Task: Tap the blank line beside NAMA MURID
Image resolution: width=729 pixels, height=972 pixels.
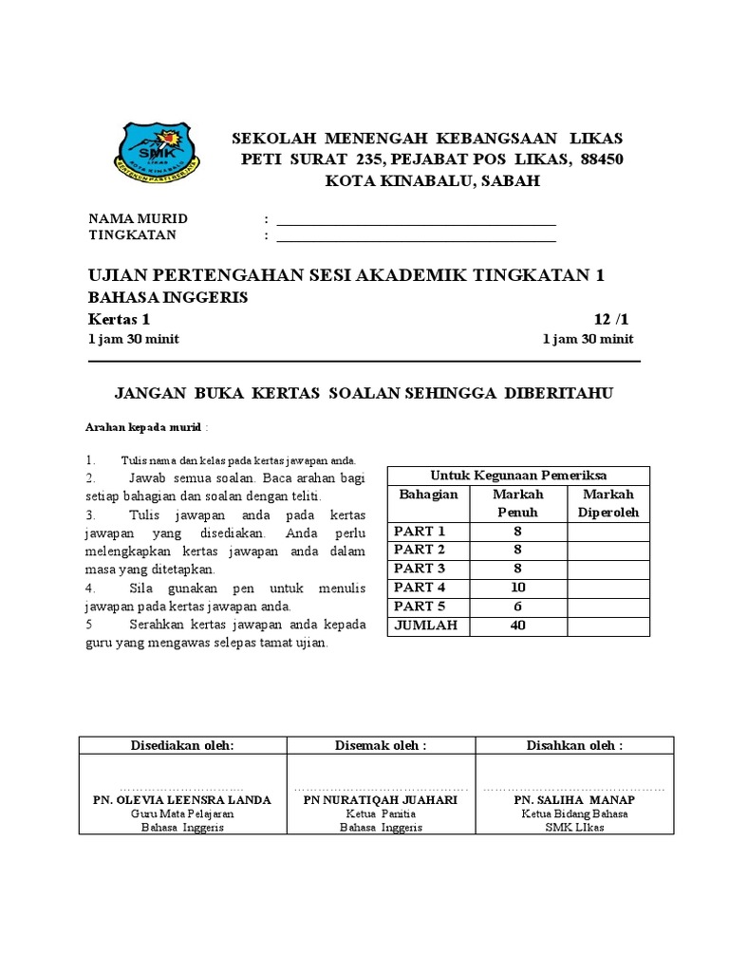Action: (415, 220)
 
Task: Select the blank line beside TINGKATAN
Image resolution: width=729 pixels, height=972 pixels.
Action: (415, 236)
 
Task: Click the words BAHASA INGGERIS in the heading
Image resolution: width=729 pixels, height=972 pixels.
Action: (168, 297)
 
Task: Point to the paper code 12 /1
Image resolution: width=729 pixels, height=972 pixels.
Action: (612, 319)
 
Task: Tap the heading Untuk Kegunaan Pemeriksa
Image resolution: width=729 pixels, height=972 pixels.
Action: (518, 476)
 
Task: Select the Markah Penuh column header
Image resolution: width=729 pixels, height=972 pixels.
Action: (517, 503)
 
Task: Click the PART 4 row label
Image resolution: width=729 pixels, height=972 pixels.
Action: (420, 588)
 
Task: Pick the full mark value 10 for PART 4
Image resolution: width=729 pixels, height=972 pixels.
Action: (517, 588)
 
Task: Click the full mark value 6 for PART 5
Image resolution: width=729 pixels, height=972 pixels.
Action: (517, 607)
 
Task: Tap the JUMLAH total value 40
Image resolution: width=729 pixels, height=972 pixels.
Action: (517, 626)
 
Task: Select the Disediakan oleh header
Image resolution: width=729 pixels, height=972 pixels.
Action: (181, 745)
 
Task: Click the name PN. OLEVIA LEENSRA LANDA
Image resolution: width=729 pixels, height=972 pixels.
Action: (181, 800)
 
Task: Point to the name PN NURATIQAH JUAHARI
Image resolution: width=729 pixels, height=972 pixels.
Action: (380, 800)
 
